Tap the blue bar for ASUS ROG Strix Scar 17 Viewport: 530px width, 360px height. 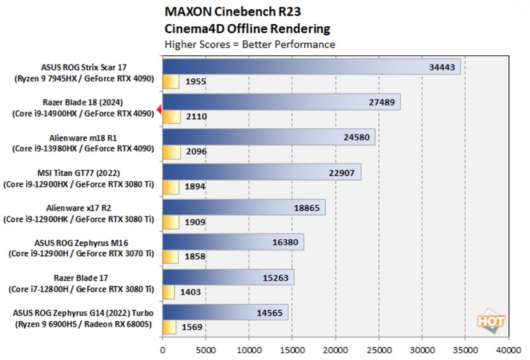(311, 66)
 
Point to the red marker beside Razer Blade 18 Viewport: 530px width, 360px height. (160, 108)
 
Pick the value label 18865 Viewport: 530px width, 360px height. (310, 207)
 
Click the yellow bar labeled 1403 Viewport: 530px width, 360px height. (168, 291)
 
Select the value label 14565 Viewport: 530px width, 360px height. (271, 312)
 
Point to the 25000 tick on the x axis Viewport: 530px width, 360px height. (379, 349)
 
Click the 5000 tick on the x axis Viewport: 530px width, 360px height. (206, 349)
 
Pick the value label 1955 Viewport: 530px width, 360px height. (195, 81)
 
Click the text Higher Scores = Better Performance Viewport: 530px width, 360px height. (249, 45)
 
